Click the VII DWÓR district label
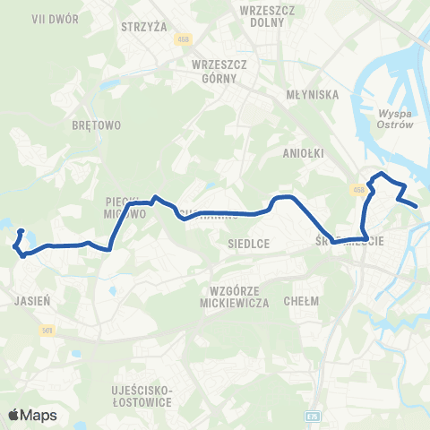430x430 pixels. pos(24,18)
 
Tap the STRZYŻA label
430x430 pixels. pos(144,27)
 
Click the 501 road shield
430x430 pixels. pos(47,331)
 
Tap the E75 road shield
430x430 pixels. pos(312,417)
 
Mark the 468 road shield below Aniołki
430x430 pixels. pos(357,189)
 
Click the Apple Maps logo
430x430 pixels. pos(32,415)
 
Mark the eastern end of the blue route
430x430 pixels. pos(417,206)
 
